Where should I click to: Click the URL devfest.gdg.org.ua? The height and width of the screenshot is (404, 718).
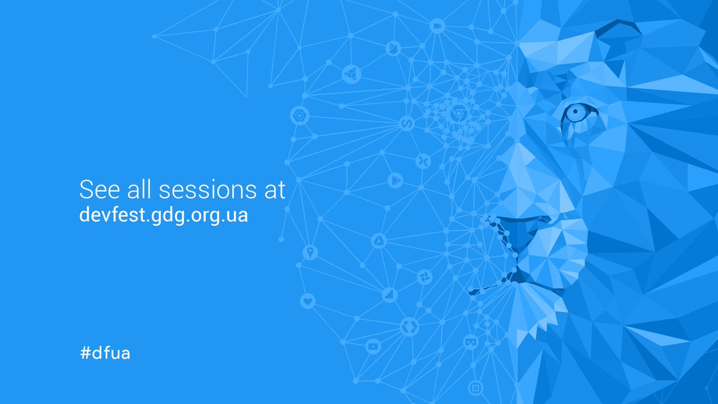coord(163,215)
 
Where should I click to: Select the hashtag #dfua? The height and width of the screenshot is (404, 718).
coord(105,353)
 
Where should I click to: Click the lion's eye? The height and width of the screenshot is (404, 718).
coord(576,113)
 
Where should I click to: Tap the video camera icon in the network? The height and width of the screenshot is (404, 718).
coord(437,26)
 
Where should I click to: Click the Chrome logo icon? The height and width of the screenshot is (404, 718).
coord(459,113)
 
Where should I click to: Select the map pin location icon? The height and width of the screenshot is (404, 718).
coord(310,252)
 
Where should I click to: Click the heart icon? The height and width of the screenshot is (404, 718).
coord(308,301)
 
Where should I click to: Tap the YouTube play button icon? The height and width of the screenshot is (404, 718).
coord(373,345)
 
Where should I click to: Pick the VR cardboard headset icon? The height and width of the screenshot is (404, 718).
coord(471,342)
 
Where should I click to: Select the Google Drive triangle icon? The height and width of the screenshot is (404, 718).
coord(379,241)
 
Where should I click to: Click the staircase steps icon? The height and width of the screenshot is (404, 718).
coord(390,294)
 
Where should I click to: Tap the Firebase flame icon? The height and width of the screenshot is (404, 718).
coord(394,48)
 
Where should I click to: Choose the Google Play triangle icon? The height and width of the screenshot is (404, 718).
coord(394,179)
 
